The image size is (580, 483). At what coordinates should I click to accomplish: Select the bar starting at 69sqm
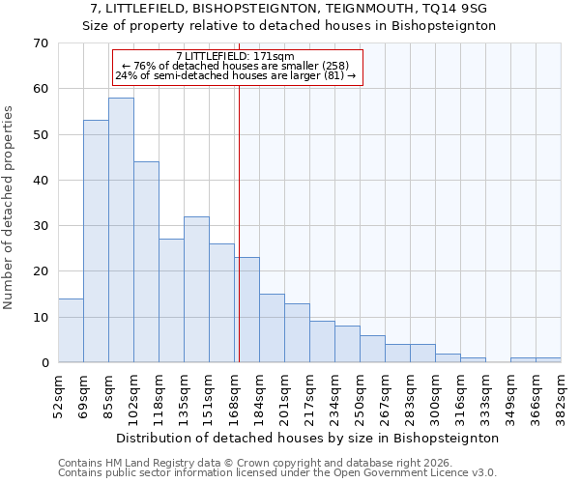(x=96, y=241)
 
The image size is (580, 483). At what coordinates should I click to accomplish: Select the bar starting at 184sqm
(x=272, y=328)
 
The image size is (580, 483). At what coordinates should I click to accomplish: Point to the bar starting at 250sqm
(x=372, y=349)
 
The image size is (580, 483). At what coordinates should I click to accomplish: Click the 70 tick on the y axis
(x=40, y=43)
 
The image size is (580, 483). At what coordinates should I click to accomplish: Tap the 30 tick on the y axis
(x=40, y=226)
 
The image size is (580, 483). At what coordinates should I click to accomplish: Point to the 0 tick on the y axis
(x=43, y=363)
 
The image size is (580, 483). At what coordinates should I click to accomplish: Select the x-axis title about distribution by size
(x=309, y=438)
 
